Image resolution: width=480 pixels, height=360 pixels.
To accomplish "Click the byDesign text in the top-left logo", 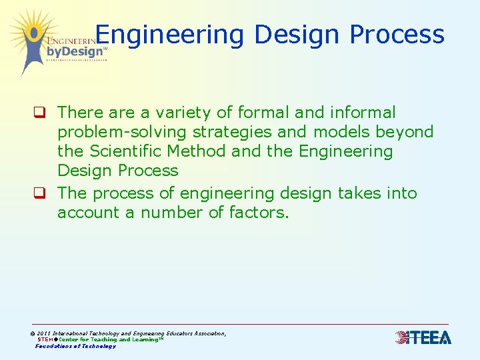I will [x=75, y=51].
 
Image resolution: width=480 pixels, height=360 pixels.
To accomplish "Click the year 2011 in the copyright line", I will [x=44, y=333].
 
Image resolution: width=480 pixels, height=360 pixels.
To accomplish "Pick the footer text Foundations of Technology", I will [x=75, y=346].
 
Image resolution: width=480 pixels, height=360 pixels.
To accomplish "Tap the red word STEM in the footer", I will [x=45, y=339].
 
